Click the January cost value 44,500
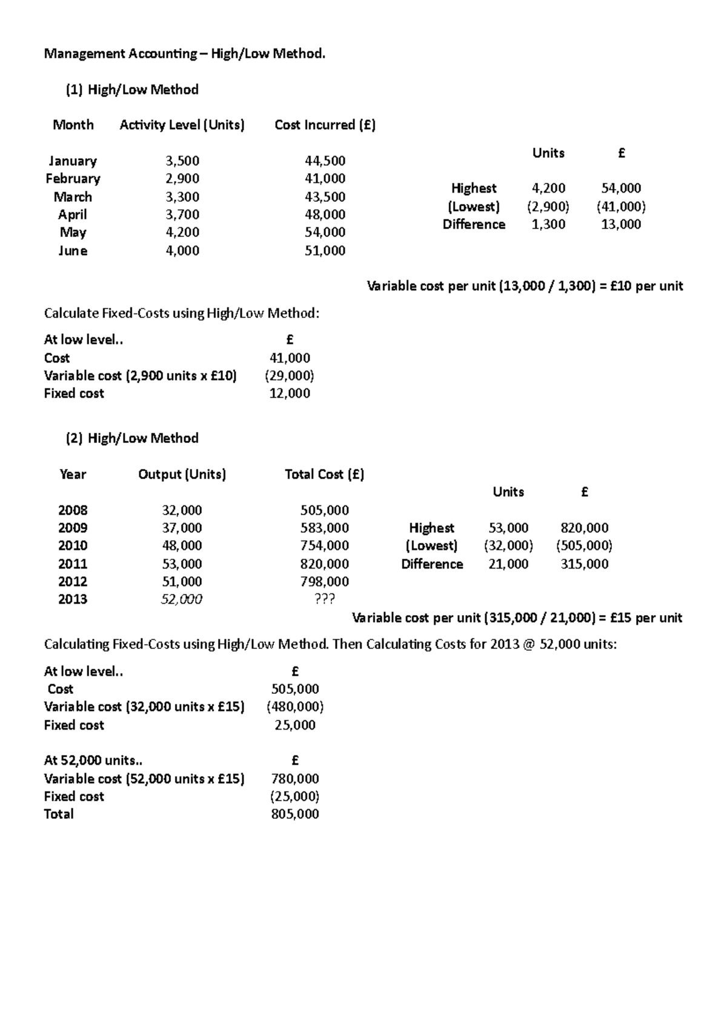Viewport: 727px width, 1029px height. tap(325, 161)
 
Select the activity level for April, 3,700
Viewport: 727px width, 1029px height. tap(182, 215)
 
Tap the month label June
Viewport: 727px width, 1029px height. tap(73, 251)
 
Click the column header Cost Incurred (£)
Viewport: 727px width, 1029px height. tap(325, 125)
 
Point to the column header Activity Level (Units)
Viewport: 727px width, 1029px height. tap(182, 125)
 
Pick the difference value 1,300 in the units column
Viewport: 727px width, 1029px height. tap(548, 224)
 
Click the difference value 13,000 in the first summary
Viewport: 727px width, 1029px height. tap(621, 224)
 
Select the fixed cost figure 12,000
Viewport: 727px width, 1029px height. tap(290, 393)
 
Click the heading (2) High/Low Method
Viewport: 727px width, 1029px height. tap(132, 438)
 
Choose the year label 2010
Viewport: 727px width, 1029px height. tap(73, 545)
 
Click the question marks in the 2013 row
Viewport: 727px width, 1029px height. tap(325, 599)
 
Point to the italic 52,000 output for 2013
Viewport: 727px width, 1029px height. tap(182, 599)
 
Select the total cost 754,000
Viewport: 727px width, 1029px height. tap(325, 545)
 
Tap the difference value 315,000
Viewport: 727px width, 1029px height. tap(585, 564)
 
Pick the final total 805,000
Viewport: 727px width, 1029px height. tap(295, 814)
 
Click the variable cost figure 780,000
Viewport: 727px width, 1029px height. tap(295, 779)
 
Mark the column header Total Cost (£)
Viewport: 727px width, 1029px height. tap(325, 475)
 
